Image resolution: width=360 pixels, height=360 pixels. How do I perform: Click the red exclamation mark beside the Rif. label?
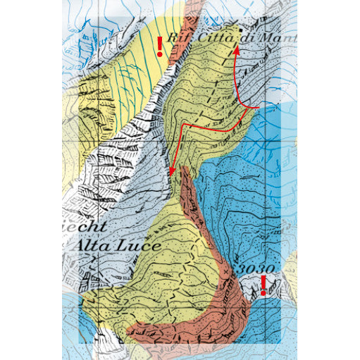pos(160,46)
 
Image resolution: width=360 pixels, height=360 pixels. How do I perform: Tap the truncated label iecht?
pos(88,227)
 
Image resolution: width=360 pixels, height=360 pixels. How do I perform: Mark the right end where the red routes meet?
pos(261,106)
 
